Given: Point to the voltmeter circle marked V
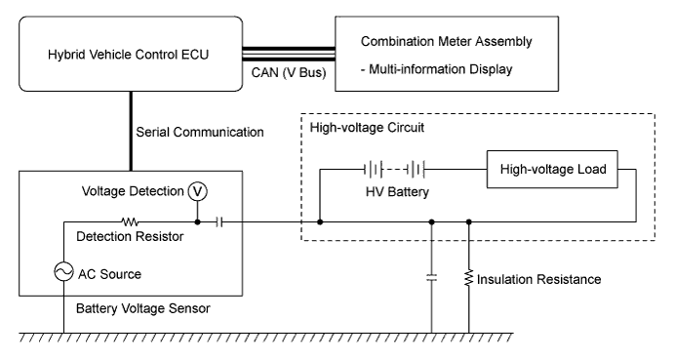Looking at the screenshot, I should (198, 191).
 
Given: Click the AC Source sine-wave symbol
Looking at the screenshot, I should (65, 274).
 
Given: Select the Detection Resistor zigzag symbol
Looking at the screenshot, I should (131, 221).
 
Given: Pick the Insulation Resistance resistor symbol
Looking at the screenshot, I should (469, 279).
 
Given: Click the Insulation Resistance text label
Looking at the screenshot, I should (539, 280).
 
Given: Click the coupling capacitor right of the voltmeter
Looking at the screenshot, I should (219, 221).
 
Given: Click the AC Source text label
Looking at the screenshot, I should (109, 274).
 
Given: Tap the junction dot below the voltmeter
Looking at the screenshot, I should (198, 221).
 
